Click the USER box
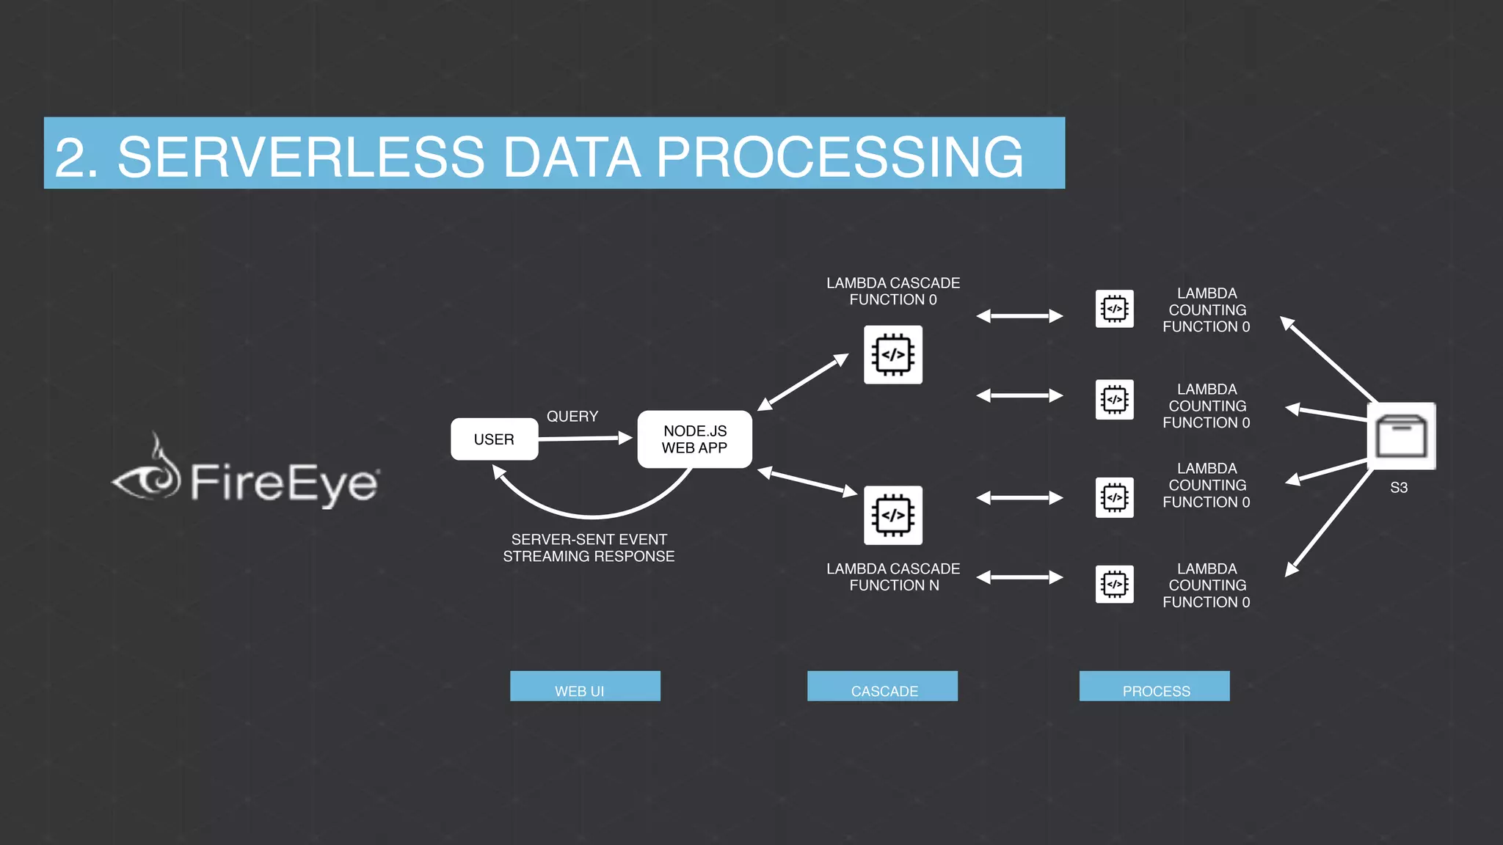(x=494, y=439)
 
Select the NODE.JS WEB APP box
(x=694, y=439)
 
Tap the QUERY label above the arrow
(x=572, y=416)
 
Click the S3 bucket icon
(x=1401, y=436)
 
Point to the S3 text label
(x=1399, y=488)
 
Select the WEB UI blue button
(x=585, y=687)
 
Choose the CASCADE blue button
(x=882, y=687)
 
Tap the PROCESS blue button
(x=1154, y=687)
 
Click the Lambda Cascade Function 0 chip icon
(x=893, y=355)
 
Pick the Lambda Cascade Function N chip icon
(x=893, y=516)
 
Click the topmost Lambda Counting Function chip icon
(x=1114, y=309)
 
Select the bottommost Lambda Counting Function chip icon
(x=1114, y=585)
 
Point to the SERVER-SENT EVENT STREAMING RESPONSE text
(x=589, y=548)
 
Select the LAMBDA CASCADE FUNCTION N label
(x=893, y=577)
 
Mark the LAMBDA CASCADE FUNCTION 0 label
(x=893, y=291)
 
